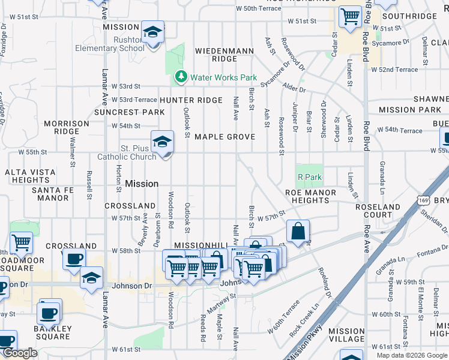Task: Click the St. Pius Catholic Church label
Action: (x=130, y=152)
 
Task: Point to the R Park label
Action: (x=310, y=178)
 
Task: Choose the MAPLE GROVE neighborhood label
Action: (x=224, y=137)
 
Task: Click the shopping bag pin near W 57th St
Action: (x=298, y=231)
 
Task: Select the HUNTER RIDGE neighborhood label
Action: (x=191, y=100)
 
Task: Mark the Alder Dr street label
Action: (x=295, y=89)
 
